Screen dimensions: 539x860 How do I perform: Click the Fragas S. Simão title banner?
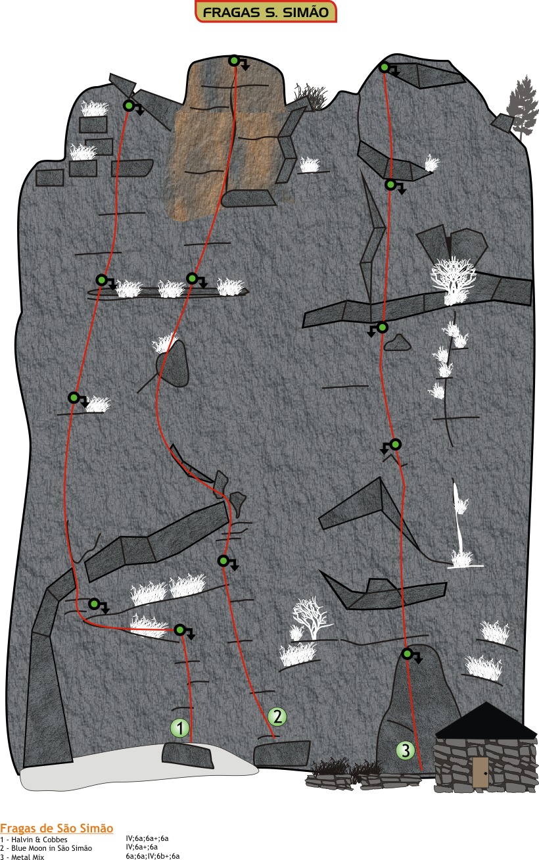point(266,12)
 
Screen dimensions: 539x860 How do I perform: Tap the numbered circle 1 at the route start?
point(179,728)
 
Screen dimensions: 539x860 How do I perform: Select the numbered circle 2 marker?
point(277,717)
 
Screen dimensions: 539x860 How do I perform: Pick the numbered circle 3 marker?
point(406,750)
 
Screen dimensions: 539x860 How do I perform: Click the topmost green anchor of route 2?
point(234,60)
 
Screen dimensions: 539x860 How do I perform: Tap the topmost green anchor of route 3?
point(385,68)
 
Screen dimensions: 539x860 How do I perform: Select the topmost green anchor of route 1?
point(129,106)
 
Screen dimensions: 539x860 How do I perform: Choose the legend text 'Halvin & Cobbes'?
point(39,840)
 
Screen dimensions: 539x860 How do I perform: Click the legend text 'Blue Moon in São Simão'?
point(51,848)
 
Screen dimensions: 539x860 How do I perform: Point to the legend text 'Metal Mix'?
point(28,857)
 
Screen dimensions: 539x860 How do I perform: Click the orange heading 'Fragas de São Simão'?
point(57,828)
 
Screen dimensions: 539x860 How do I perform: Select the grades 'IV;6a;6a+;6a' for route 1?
point(147,838)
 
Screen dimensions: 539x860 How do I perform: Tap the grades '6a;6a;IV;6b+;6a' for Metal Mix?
point(152,856)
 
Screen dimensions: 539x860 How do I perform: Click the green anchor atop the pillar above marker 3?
point(408,654)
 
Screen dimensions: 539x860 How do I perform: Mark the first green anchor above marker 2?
point(223,561)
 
